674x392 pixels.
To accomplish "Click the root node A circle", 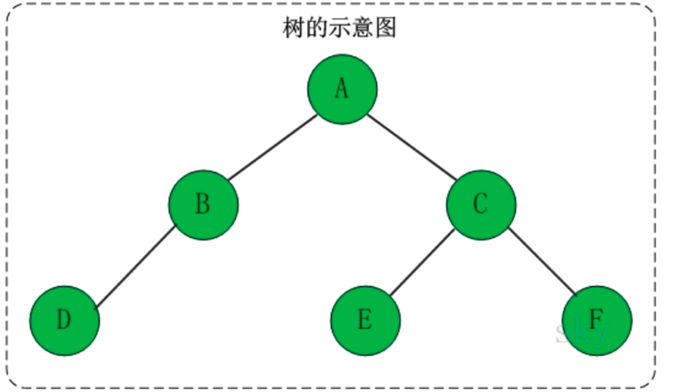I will coord(341,90).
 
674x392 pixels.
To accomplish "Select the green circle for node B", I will coord(203,204).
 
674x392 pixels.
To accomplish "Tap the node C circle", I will coord(480,204).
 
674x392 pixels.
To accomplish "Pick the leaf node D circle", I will coord(65,320).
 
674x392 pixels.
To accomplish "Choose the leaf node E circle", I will coord(365,320).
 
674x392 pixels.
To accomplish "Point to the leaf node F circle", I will coord(596,320).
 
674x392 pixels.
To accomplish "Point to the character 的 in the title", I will coord(316,29).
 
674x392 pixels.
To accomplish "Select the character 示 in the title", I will coord(339,29).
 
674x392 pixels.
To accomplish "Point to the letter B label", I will coord(203,204).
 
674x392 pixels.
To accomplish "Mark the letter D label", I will coord(65,320).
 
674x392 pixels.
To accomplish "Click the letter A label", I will coord(341,90).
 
